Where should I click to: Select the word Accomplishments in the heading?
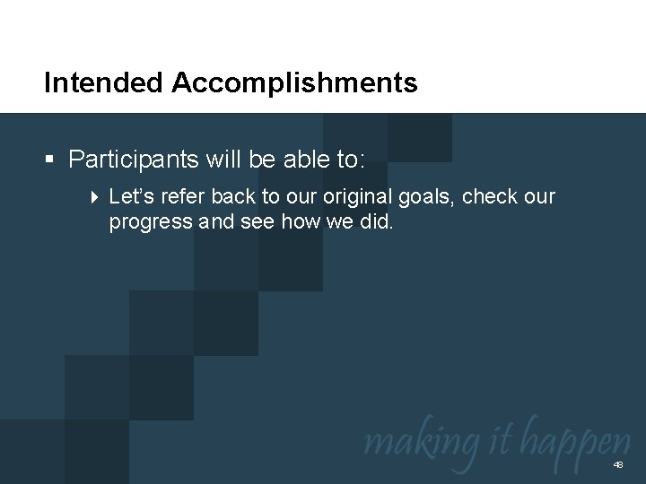pos(295,84)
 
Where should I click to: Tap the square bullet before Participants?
pos(51,160)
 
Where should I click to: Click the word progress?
pos(151,221)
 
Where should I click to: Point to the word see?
pos(256,221)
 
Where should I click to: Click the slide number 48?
pos(617,466)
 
